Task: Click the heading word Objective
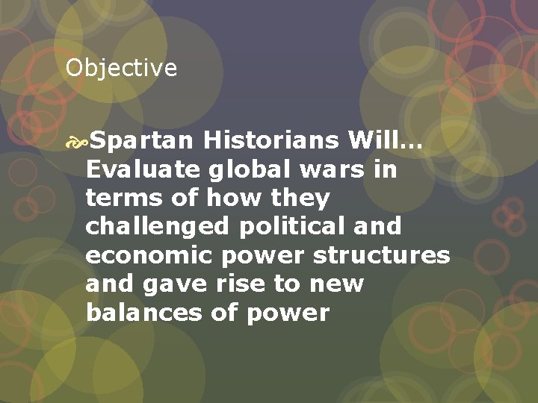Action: click(121, 69)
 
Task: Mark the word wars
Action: click(328, 169)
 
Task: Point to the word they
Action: click(303, 198)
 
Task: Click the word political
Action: click(298, 226)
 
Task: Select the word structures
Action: click(382, 254)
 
